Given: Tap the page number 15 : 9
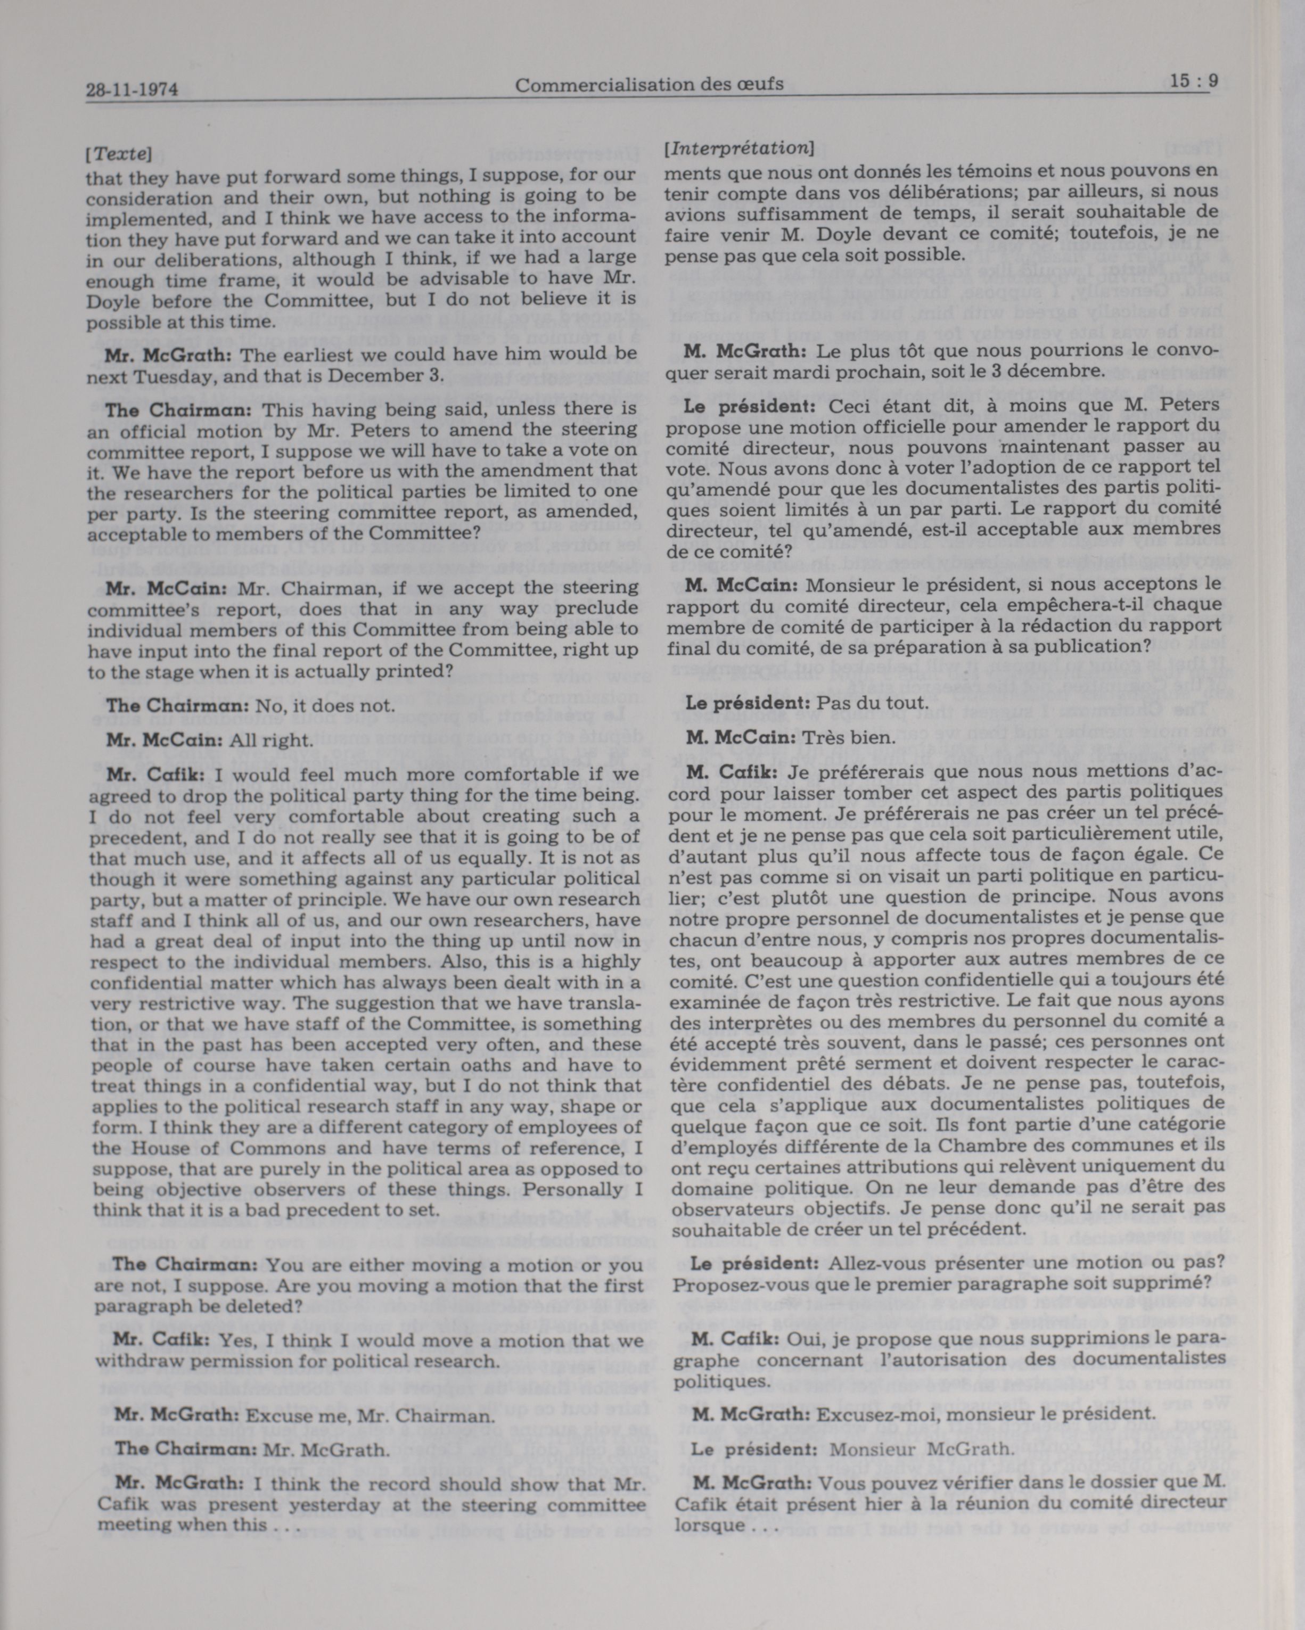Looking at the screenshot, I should pyautogui.click(x=1193, y=81).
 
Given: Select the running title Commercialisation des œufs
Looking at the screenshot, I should pyautogui.click(x=649, y=85).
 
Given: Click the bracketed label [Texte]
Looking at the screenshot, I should pyautogui.click(x=119, y=154).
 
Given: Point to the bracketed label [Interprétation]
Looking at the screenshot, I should pyautogui.click(x=738, y=148).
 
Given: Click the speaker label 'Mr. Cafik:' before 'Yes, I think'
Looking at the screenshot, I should pyautogui.click(x=161, y=1340).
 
